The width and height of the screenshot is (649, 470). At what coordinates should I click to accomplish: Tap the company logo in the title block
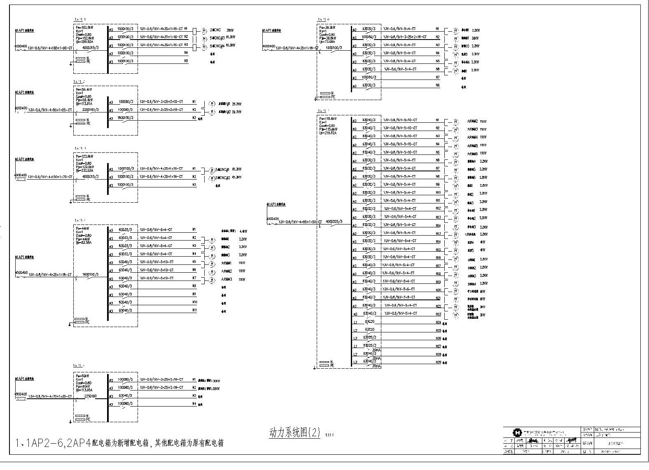click(517, 433)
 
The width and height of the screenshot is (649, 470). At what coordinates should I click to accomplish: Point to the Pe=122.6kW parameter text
click(84, 157)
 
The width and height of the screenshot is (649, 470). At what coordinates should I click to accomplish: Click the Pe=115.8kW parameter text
click(328, 119)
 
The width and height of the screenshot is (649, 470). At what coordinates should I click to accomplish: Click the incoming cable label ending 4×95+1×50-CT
click(300, 222)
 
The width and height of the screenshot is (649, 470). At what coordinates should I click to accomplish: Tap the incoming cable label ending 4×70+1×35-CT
click(50, 396)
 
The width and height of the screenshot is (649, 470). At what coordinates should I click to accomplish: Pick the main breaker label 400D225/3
click(334, 222)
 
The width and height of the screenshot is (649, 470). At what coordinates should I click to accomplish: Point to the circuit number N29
click(438, 362)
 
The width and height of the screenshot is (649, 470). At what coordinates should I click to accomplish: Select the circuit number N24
click(438, 323)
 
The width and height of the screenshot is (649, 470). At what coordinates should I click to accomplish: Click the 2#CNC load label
click(215, 30)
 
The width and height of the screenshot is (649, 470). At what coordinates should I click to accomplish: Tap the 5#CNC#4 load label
click(216, 45)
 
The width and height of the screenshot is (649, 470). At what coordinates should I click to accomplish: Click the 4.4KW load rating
click(243, 231)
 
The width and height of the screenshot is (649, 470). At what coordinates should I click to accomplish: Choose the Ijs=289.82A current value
click(84, 42)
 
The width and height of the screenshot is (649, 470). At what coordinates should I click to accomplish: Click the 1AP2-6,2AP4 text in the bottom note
click(54, 443)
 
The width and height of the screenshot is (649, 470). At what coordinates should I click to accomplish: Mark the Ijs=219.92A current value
click(328, 133)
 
